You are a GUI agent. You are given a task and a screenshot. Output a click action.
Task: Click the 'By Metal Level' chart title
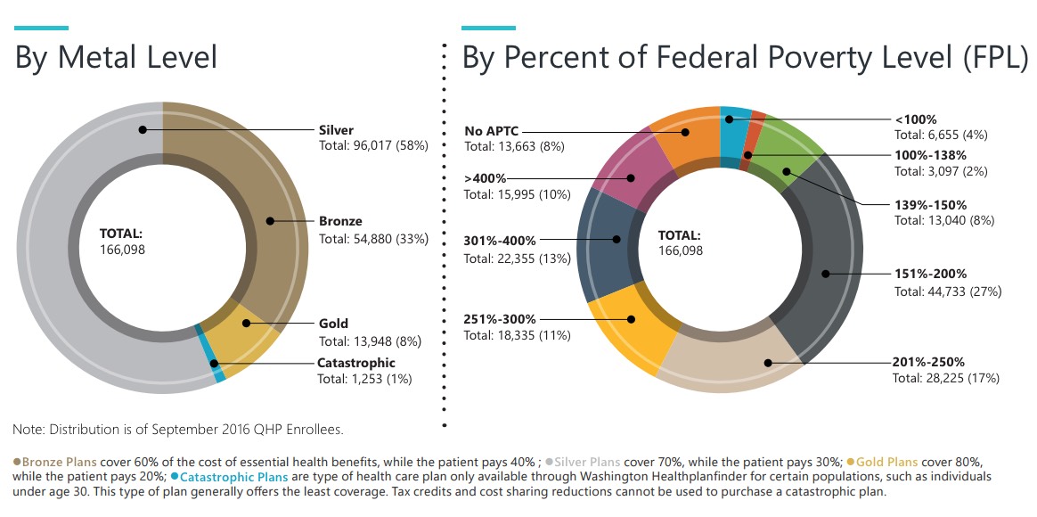pyautogui.click(x=117, y=57)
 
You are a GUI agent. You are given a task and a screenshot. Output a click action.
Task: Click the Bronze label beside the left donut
pyautogui.click(x=340, y=221)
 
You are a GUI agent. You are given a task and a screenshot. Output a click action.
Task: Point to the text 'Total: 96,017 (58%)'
pyautogui.click(x=373, y=144)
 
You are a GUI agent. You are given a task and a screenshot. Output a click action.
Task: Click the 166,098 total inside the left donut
pyautogui.click(x=122, y=250)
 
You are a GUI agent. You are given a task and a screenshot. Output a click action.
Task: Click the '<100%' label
pyautogui.click(x=915, y=119)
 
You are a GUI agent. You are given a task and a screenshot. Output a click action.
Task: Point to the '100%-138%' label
pyautogui.click(x=930, y=154)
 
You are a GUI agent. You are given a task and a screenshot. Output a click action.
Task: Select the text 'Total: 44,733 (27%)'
pyautogui.click(x=948, y=291)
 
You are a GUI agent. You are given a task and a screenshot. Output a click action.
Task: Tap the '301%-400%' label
pyautogui.click(x=501, y=240)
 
